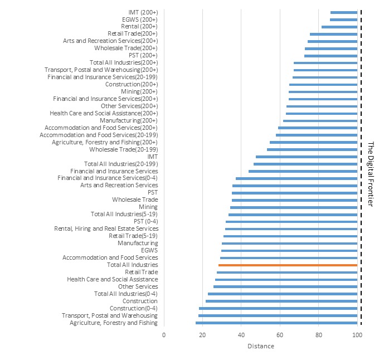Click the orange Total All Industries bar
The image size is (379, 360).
click(x=288, y=265)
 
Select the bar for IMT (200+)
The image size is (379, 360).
click(x=343, y=12)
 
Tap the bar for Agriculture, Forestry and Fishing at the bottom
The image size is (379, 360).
click(x=276, y=323)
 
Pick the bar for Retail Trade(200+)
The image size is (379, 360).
click(x=333, y=33)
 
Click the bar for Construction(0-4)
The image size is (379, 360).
click(x=278, y=308)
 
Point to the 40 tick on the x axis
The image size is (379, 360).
click(x=241, y=335)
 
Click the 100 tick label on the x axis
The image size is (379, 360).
click(x=357, y=335)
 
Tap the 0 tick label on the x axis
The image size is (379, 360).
click(x=164, y=335)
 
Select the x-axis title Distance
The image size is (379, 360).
click(x=260, y=346)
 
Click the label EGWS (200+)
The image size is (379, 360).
click(x=139, y=19)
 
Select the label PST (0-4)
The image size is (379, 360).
click(x=145, y=221)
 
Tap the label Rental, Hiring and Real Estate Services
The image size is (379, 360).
click(x=106, y=228)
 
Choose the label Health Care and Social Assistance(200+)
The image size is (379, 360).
click(x=111, y=113)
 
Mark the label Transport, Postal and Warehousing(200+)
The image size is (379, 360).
click(x=101, y=70)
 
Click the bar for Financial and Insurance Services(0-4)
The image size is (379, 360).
click(x=297, y=178)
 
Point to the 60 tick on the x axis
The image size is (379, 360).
click(x=280, y=335)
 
